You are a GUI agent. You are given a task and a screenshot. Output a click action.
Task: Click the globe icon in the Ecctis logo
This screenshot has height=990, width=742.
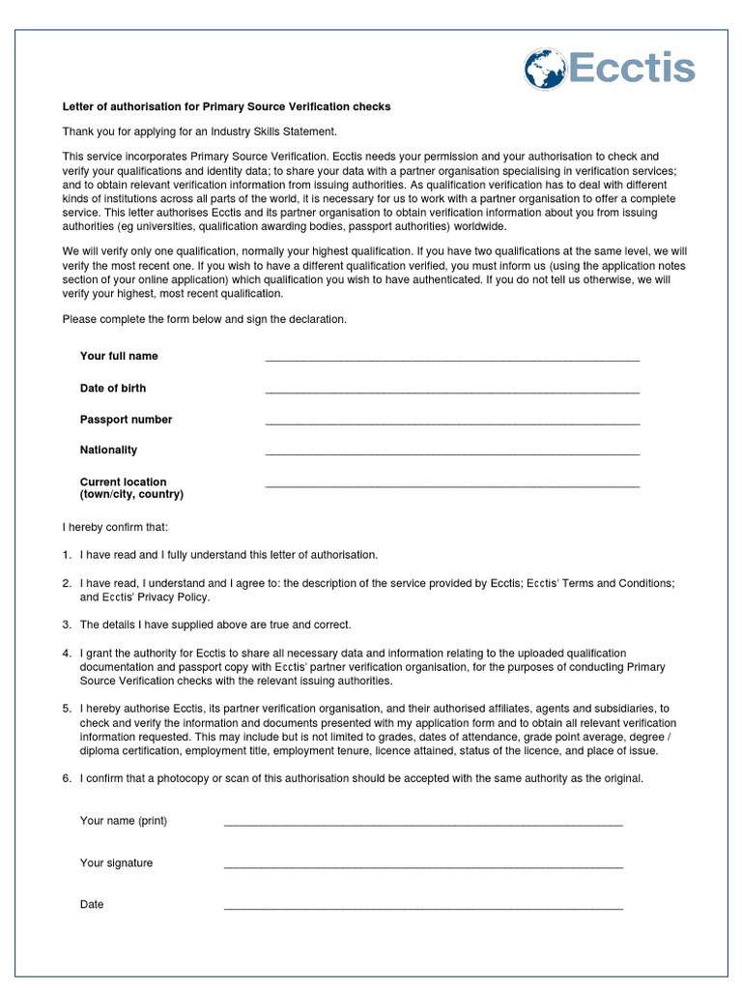(x=546, y=70)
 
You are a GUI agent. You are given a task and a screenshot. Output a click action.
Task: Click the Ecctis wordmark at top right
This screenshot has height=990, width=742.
(x=631, y=70)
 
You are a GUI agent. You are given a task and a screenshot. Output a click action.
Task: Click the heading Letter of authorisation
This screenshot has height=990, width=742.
(x=226, y=107)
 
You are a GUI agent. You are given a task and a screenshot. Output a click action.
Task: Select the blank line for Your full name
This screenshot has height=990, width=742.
(x=452, y=359)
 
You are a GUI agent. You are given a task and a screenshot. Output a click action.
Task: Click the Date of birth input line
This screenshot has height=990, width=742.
(x=452, y=392)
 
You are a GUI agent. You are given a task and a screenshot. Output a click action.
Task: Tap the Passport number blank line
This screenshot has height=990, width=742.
(x=452, y=422)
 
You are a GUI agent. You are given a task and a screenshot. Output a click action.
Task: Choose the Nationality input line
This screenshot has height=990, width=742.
(x=452, y=452)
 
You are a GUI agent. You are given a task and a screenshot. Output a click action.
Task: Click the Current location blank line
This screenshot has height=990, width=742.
(x=452, y=484)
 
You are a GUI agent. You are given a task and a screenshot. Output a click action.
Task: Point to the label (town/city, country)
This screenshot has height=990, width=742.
(x=131, y=494)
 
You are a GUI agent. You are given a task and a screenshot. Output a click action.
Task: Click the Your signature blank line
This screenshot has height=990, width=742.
(x=423, y=866)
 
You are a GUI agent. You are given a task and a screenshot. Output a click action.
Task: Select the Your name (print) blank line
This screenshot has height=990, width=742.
(x=423, y=825)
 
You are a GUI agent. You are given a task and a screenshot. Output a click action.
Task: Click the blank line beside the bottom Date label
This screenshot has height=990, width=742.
(x=423, y=908)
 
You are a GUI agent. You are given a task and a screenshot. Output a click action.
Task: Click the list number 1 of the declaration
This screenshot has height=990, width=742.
(x=67, y=555)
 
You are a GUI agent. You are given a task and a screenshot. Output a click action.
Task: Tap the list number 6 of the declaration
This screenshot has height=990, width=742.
(x=67, y=778)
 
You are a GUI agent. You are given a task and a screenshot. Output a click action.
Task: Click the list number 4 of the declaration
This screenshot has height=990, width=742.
(x=67, y=654)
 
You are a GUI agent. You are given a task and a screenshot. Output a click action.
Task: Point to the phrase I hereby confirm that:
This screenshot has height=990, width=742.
(x=115, y=527)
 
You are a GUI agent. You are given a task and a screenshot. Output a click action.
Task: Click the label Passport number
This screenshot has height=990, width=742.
(x=126, y=420)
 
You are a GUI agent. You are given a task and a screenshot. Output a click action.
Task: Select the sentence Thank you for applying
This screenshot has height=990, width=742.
(x=200, y=131)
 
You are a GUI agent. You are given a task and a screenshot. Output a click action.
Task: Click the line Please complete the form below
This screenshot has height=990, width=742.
(x=204, y=319)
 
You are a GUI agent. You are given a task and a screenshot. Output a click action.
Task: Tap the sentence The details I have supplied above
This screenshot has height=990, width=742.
(x=215, y=625)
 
